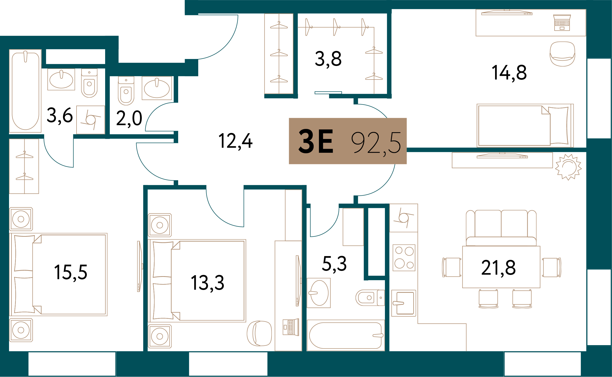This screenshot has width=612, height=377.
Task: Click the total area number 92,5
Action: point(376,143)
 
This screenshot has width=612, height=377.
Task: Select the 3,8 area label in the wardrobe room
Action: point(328,59)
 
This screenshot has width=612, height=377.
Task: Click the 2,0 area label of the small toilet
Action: point(129,118)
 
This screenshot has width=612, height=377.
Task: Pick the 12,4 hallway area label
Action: point(235,141)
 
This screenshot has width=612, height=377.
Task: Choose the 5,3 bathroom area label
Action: point(334,264)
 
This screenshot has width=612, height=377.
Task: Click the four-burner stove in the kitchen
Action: point(404,258)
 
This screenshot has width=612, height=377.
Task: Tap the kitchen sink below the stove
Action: point(404,303)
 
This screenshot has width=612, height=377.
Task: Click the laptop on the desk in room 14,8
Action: point(562,23)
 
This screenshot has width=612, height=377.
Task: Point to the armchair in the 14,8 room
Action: point(562,54)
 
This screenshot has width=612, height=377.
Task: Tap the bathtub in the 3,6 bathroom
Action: point(25,91)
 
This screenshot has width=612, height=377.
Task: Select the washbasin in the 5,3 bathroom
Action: point(318,293)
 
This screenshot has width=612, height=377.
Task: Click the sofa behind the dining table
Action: point(501,228)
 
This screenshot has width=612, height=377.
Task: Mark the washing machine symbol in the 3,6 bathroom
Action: point(91,120)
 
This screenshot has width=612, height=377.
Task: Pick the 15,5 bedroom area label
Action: point(71,272)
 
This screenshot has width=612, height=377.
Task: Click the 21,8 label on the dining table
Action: point(498,268)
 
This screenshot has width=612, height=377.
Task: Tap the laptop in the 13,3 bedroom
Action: point(291,327)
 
